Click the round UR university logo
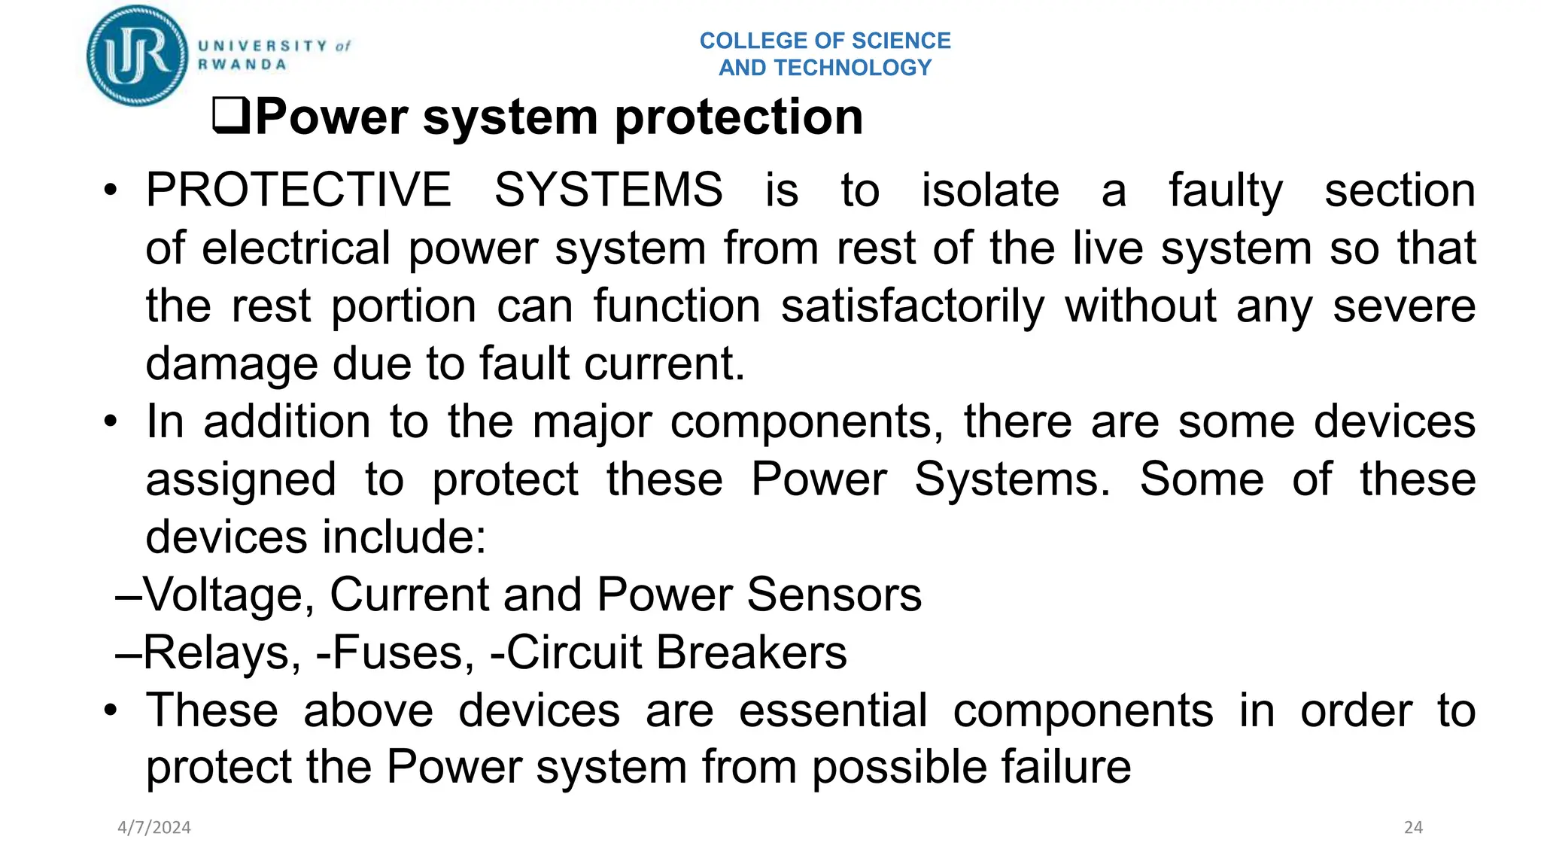(137, 56)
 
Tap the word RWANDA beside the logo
(242, 65)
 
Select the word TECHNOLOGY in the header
(853, 68)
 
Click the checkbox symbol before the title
(231, 117)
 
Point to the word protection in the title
(739, 117)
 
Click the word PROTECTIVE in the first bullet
(299, 190)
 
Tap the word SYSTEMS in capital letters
(608, 190)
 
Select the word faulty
(1226, 190)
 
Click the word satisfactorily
(913, 306)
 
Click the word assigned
(241, 479)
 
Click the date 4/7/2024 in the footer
(154, 828)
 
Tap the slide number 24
(1413, 828)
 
